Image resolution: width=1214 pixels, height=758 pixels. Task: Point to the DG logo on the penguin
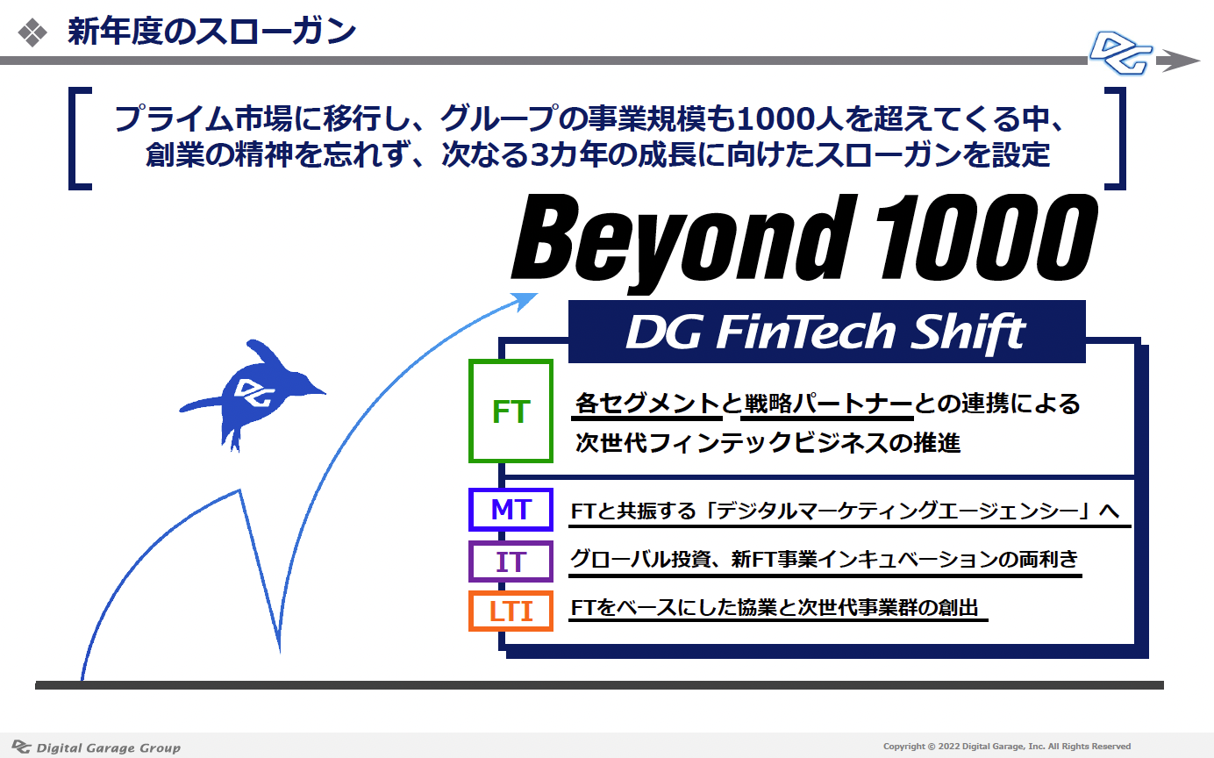click(254, 391)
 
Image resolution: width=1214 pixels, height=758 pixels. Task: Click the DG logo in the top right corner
click(1120, 54)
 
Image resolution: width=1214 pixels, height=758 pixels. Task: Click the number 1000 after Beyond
click(986, 238)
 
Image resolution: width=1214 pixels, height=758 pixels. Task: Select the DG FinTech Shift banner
click(826, 332)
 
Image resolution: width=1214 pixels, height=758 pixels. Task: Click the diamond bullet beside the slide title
click(32, 32)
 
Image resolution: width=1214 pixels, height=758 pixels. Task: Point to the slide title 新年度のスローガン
click(211, 32)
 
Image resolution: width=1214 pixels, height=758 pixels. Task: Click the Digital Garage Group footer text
click(108, 747)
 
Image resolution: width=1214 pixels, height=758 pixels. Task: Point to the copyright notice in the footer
click(1007, 746)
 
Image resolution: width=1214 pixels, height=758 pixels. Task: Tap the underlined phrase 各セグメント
click(647, 404)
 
